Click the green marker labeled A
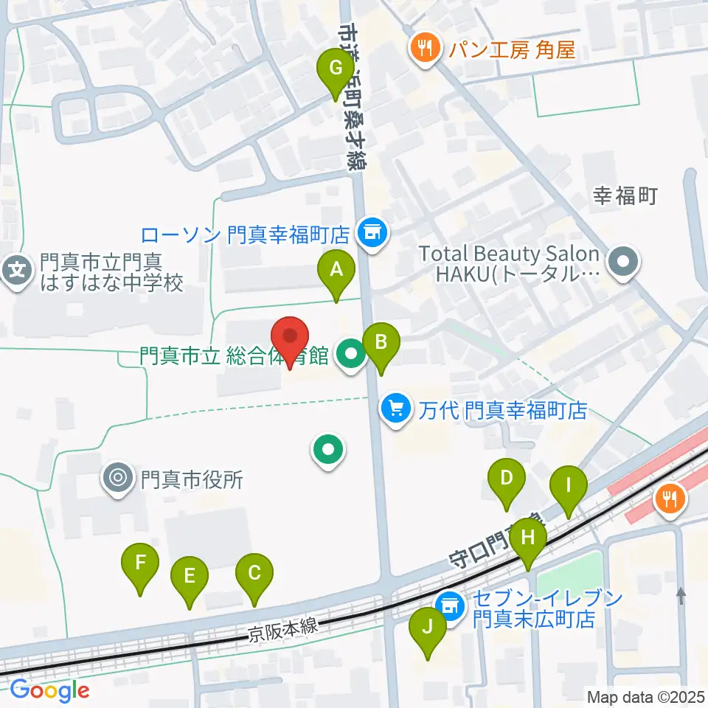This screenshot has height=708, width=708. [x=336, y=270]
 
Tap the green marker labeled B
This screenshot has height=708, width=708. [x=381, y=342]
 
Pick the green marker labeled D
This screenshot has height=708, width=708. [x=506, y=478]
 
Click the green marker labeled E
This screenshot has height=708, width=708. [x=190, y=576]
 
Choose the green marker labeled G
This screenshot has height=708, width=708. [x=336, y=69]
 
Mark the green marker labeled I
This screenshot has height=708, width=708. [x=569, y=486]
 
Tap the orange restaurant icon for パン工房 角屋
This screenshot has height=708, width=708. [x=423, y=49]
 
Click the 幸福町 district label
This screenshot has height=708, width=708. [x=625, y=195]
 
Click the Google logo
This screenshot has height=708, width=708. [x=49, y=690]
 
